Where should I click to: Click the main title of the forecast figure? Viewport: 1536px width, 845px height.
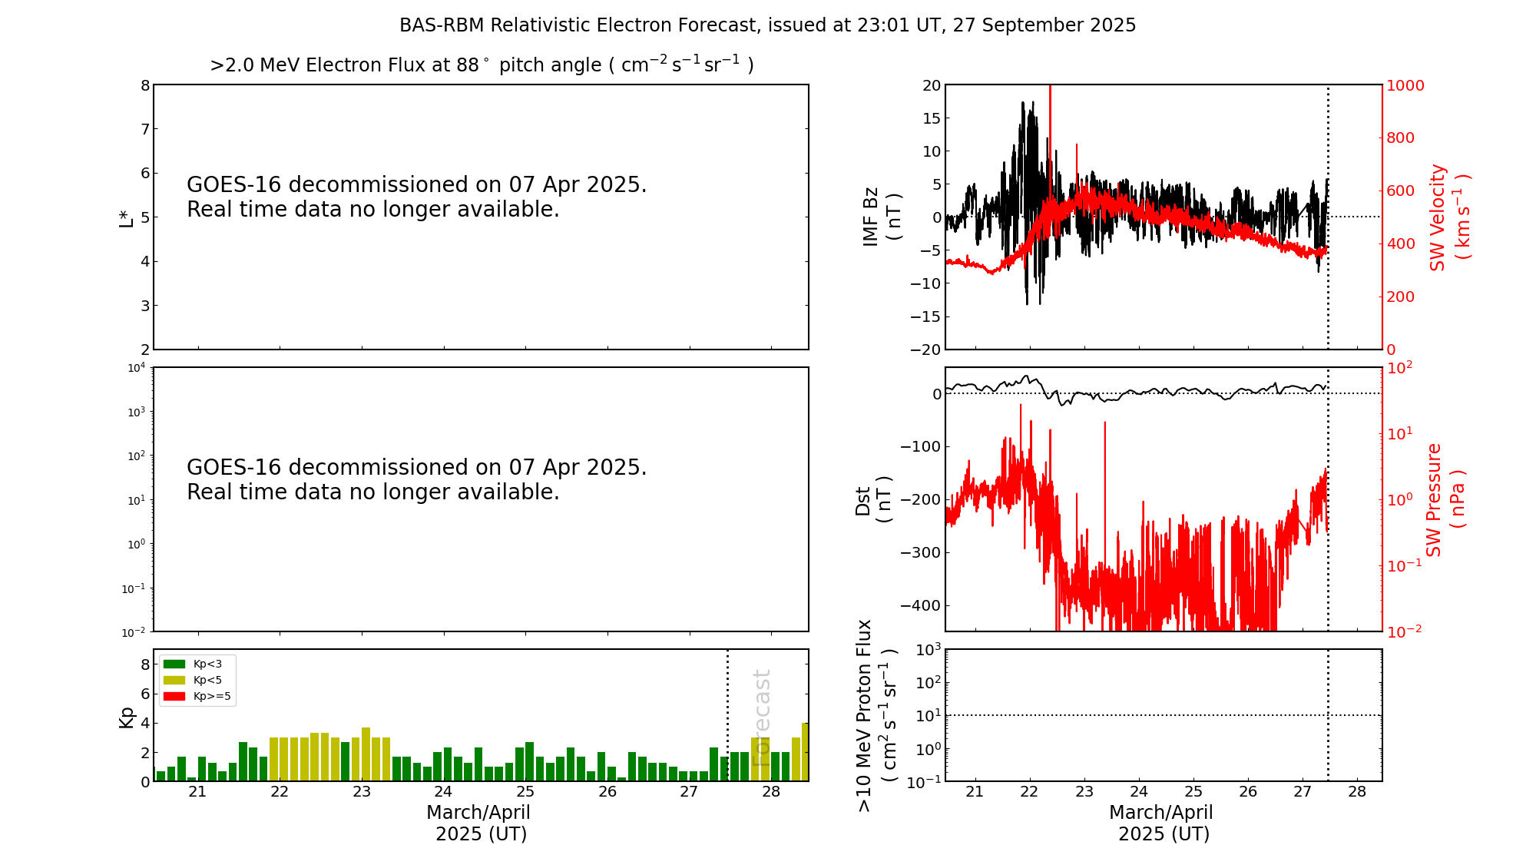pos(767,25)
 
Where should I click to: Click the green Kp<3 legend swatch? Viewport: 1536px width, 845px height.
pos(174,664)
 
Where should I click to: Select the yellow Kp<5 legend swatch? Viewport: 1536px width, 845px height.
pos(174,680)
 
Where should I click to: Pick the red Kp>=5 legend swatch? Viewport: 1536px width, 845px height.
pos(174,697)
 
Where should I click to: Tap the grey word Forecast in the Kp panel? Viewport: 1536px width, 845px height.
pos(761,718)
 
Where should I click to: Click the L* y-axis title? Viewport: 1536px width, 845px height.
pos(127,217)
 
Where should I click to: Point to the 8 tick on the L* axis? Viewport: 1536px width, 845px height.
pos(145,85)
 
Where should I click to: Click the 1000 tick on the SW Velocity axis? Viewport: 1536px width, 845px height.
pos(1405,85)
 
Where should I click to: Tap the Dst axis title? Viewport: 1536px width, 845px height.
pos(873,500)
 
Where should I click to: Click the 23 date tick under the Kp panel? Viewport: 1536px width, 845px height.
pos(362,792)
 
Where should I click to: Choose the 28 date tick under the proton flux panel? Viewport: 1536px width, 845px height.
pos(1357,792)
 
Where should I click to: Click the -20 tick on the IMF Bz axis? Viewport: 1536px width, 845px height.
pos(925,350)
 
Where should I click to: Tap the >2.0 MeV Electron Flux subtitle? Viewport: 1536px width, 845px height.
pos(482,65)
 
